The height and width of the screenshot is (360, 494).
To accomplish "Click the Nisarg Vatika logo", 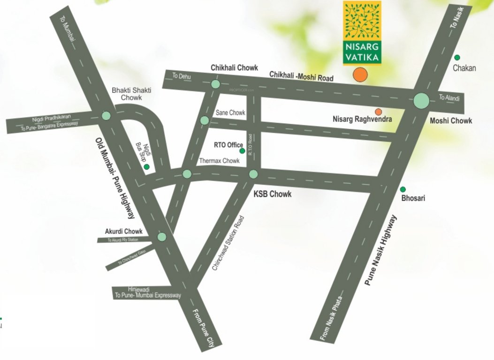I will (362, 32).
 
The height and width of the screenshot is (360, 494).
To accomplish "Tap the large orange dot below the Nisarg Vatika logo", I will (360, 75).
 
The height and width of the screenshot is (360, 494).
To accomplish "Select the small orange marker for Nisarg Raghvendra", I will (378, 112).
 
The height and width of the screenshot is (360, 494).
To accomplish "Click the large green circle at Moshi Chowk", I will (421, 100).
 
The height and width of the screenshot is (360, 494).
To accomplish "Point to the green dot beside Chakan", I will (457, 57).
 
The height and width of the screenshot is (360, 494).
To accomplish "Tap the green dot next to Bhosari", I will (403, 189).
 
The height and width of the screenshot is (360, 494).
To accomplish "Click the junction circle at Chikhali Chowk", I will (215, 84).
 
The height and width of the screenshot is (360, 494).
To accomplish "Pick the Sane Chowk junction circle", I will (205, 120).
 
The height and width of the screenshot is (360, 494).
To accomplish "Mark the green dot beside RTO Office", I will (242, 151).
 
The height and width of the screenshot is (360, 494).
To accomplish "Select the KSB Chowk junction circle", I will (253, 174).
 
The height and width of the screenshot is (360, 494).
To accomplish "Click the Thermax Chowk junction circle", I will (187, 174).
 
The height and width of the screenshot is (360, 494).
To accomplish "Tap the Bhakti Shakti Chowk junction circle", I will (106, 115).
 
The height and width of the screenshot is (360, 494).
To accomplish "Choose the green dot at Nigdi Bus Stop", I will (147, 166).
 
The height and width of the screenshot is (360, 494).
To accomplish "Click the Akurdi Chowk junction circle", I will (162, 237).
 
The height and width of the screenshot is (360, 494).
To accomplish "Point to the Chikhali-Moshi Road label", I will (301, 76).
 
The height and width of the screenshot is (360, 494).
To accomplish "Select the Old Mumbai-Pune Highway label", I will (115, 178).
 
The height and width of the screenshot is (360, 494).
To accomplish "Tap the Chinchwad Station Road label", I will (228, 243).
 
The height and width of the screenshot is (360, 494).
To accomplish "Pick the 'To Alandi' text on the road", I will (449, 98).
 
